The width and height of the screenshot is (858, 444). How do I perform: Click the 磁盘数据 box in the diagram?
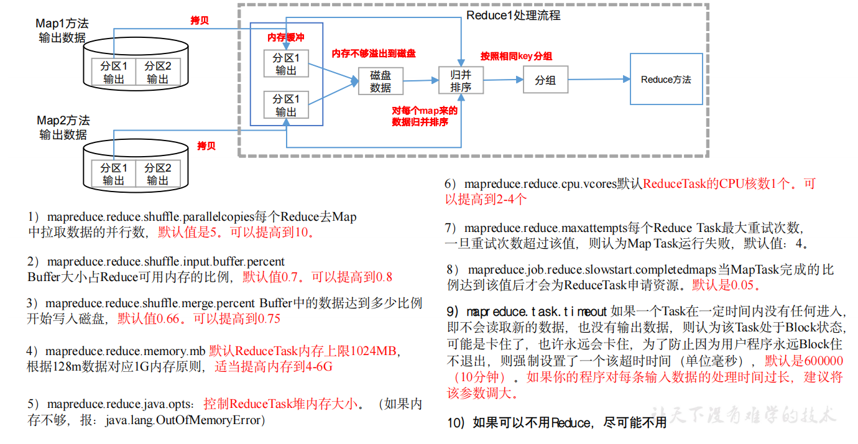381,81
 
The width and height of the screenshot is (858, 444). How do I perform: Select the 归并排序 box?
461,80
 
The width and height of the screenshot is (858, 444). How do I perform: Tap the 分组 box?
545,80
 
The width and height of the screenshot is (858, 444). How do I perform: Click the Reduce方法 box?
666,80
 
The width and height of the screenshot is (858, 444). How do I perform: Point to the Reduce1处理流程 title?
513,16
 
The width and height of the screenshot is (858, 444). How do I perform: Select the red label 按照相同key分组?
516,56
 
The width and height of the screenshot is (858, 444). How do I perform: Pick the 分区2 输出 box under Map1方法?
158,72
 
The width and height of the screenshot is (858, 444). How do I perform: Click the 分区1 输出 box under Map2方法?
114,174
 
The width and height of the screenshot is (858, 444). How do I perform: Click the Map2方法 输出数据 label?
63,127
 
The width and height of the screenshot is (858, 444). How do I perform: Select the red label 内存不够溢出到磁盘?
373,53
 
